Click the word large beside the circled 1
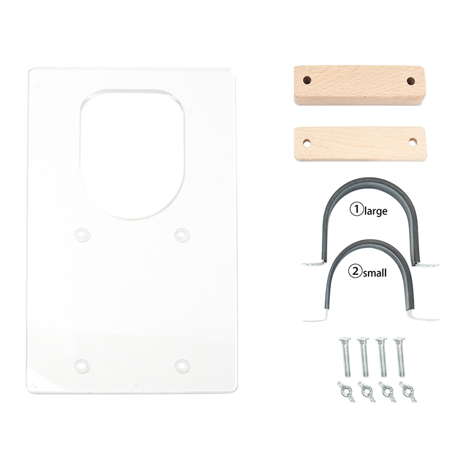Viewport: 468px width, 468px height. [376, 211]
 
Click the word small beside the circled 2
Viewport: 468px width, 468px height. [374, 273]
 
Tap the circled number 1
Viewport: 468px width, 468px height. [356, 209]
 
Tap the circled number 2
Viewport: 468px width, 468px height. [355, 271]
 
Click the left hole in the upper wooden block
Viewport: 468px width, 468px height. [307, 80]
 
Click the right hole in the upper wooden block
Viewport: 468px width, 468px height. [411, 81]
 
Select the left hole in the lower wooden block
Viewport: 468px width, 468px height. [306, 143]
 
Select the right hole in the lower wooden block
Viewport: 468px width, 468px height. [412, 142]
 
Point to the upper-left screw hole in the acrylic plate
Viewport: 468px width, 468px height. [82, 234]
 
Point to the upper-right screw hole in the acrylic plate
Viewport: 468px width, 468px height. [182, 235]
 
